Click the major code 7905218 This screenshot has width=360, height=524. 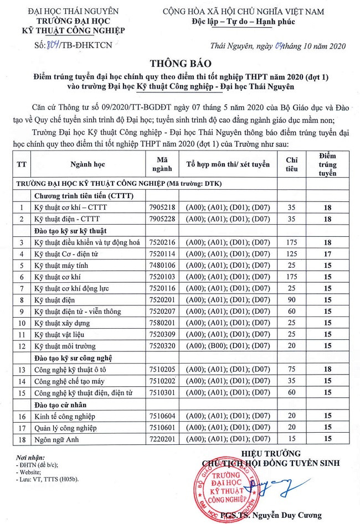162,207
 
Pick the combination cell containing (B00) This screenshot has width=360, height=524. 228,346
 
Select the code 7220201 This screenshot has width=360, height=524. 162,439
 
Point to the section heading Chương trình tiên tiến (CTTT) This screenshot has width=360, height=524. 84,195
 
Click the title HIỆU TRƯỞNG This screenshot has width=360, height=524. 273,453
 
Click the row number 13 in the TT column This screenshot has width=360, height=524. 22,369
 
